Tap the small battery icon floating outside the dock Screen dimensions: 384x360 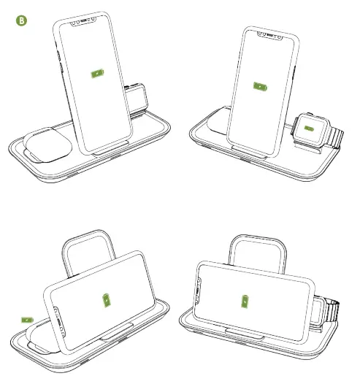click(28, 319)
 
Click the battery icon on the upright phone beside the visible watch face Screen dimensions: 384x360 click(258, 86)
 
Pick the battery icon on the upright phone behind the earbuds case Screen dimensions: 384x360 click(96, 74)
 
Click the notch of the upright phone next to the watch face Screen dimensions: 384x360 click(268, 34)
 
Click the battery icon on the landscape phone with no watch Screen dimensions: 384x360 click(108, 300)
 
